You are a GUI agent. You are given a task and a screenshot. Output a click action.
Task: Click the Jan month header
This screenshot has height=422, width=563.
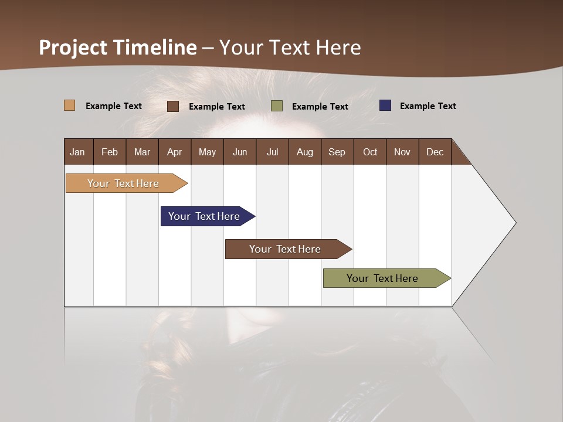click(x=78, y=152)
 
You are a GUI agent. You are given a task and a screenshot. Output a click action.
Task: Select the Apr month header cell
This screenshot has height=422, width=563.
click(x=175, y=152)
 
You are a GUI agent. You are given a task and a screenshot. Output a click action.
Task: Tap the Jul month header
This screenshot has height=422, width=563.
click(x=272, y=152)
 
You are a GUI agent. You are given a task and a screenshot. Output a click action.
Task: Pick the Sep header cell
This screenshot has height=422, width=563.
click(x=337, y=152)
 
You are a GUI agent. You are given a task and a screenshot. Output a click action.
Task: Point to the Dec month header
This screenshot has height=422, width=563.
click(x=435, y=152)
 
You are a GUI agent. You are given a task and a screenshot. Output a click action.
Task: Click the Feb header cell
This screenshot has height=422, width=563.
click(x=110, y=152)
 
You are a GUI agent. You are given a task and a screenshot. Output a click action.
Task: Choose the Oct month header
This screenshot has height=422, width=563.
click(x=370, y=152)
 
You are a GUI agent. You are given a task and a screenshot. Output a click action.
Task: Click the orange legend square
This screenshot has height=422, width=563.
click(x=70, y=105)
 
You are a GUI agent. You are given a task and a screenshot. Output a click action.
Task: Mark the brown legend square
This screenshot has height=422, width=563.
click(x=173, y=106)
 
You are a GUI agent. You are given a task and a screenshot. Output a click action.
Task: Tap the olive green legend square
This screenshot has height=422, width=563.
click(x=277, y=106)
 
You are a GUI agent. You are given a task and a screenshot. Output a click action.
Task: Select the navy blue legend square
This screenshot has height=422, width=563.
click(x=385, y=105)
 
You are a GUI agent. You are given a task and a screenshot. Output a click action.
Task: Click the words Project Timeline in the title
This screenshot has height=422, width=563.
click(x=118, y=47)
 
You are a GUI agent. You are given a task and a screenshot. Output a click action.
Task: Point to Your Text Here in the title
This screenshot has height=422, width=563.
click(x=290, y=47)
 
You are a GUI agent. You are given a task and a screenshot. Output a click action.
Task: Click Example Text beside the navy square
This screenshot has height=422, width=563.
click(x=428, y=106)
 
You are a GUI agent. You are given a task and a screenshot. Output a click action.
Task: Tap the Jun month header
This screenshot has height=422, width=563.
click(x=240, y=152)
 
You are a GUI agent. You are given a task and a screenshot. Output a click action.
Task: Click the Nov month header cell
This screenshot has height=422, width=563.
click(x=402, y=152)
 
